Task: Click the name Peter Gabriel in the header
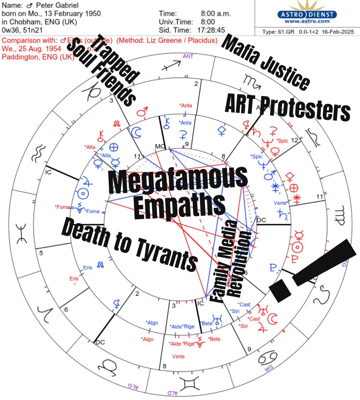(x=57, y=5)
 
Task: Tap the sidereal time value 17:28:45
(x=211, y=30)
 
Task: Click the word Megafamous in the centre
(x=177, y=180)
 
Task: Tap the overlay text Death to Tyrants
(x=130, y=244)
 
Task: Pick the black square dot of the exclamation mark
(x=280, y=290)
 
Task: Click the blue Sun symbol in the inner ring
(x=83, y=194)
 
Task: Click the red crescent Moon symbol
(x=273, y=319)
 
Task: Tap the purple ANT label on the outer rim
(x=188, y=56)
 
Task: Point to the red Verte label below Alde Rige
(x=178, y=356)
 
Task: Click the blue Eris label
(x=88, y=268)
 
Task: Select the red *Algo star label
(x=147, y=339)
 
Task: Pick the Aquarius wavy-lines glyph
(x=38, y=153)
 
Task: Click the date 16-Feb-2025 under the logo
(x=337, y=32)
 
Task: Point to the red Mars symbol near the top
(x=142, y=112)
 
